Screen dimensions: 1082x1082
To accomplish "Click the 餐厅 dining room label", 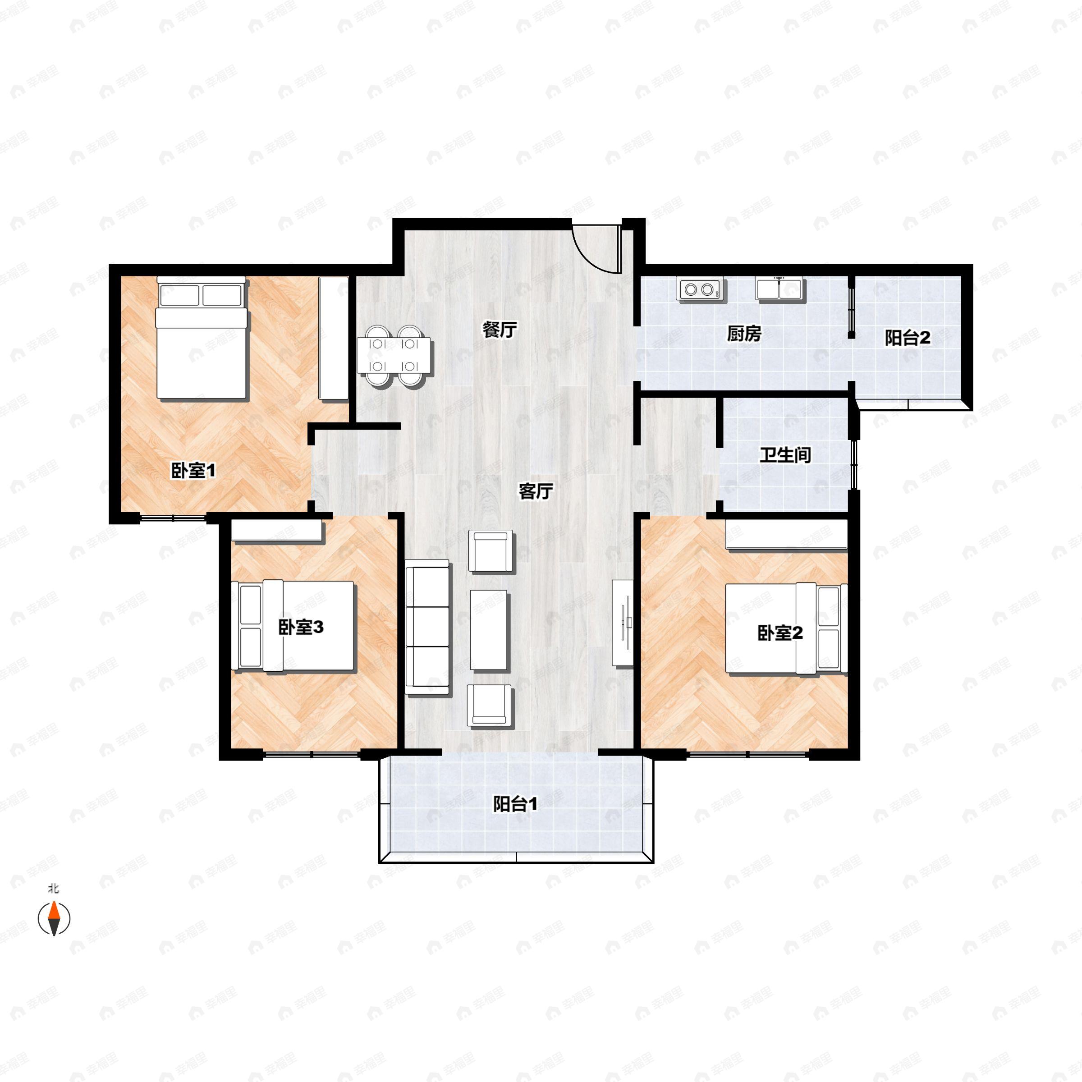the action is (500, 330).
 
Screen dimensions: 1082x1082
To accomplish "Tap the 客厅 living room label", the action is (536, 491).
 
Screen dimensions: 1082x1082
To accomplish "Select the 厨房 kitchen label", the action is (744, 334).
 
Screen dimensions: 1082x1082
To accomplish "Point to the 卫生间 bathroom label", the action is (785, 455).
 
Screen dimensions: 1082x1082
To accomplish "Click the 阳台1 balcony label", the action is (515, 804).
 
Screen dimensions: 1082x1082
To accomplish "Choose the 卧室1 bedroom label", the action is (193, 470).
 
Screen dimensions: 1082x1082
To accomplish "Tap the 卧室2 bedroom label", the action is (780, 633).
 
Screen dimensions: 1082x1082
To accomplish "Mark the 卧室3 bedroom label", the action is (301, 627).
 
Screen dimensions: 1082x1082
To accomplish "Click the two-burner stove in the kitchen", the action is (700, 289).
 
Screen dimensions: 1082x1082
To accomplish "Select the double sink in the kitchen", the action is (779, 289).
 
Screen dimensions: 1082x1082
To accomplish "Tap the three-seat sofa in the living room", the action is (427, 627).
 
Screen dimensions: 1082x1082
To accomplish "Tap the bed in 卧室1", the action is (202, 338).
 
